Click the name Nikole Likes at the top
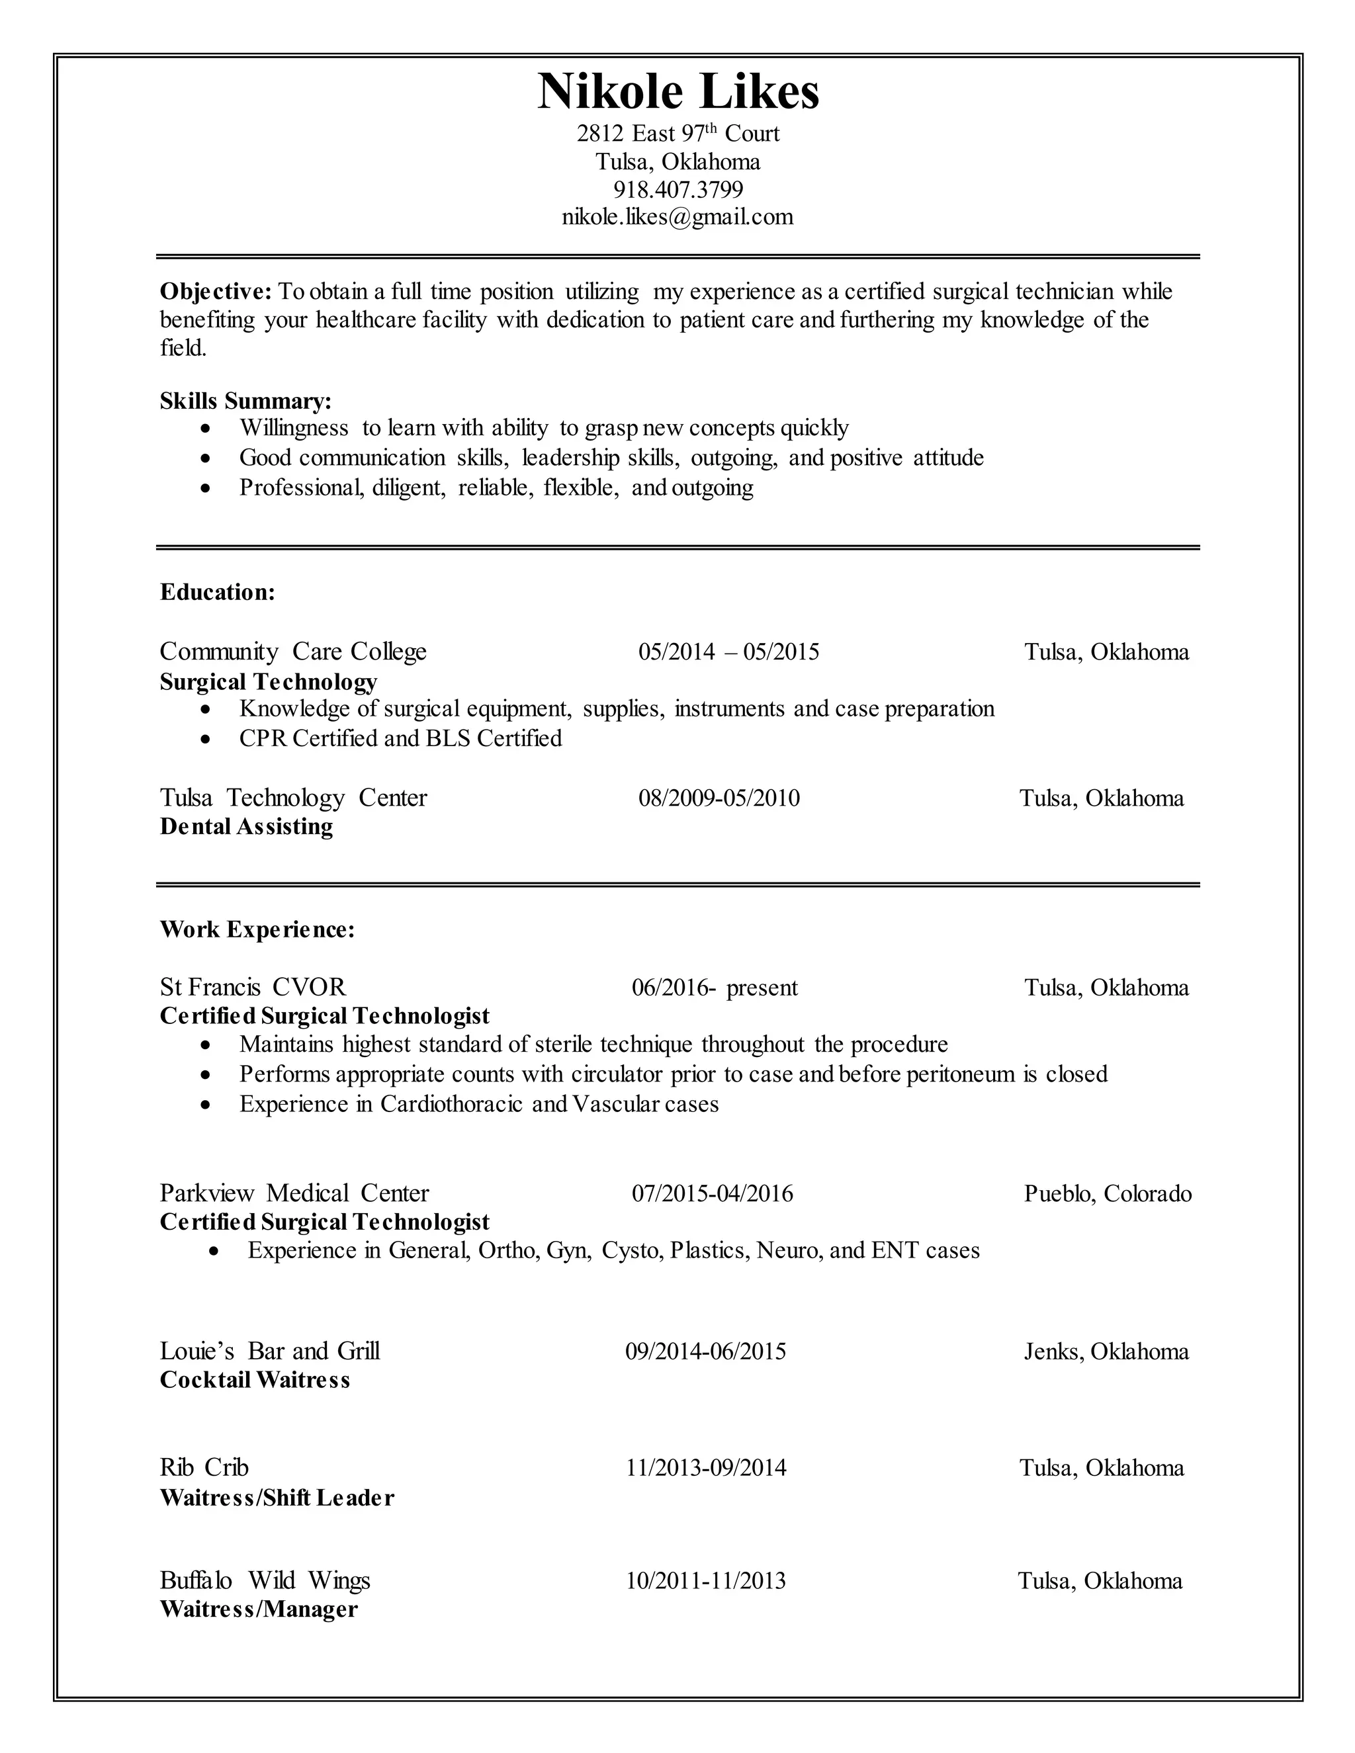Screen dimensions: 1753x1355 click(677, 91)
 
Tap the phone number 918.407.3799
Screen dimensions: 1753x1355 click(677, 189)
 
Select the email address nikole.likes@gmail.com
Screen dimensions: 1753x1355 click(677, 217)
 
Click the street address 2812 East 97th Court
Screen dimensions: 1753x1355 click(677, 133)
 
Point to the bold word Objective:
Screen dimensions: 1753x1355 click(216, 291)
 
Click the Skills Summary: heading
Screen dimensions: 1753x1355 click(245, 400)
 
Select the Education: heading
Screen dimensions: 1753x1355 click(218, 592)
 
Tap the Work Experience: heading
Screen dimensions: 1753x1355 click(257, 929)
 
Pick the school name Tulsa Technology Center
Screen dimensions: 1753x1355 click(293, 798)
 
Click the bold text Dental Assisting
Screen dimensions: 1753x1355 click(246, 827)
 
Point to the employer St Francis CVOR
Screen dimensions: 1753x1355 click(253, 986)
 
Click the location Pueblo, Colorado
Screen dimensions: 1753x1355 click(1108, 1193)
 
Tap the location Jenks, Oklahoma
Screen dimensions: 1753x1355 click(1106, 1351)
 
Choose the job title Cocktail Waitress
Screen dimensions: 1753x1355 click(255, 1381)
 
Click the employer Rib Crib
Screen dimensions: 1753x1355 click(204, 1468)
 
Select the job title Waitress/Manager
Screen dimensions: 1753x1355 click(259, 1609)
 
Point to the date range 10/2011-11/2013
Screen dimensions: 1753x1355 click(705, 1581)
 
